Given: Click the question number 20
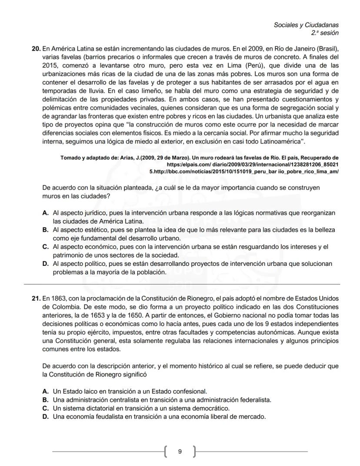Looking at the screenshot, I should (36, 48).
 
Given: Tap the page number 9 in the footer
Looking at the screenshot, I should (180, 452).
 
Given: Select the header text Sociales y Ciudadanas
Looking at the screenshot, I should (306, 25).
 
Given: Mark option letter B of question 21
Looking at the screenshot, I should (45, 399).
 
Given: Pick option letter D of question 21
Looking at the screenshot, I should (45, 417).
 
